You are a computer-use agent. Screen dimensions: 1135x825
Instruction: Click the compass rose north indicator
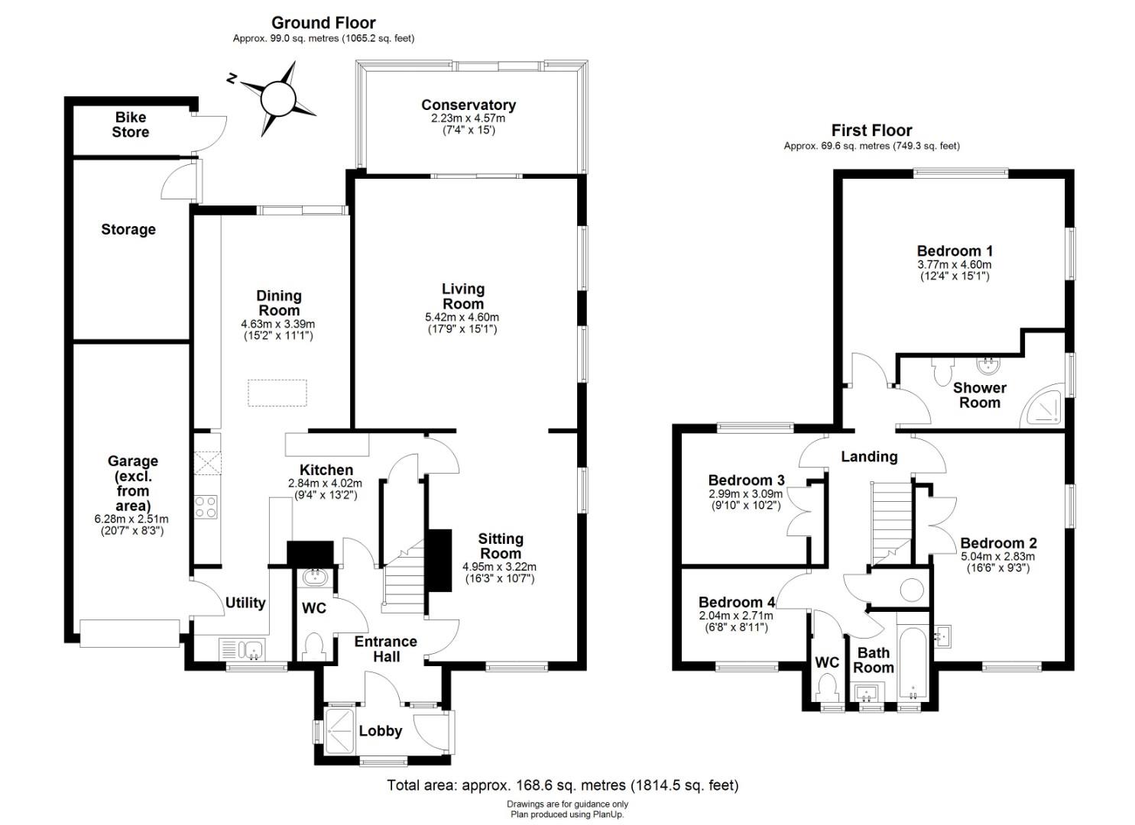pos(232,79)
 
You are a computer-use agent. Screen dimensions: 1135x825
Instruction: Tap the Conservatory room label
pos(469,105)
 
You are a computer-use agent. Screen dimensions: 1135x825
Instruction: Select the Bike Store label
pos(131,125)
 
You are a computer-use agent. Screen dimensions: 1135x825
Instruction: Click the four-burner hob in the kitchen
pos(206,506)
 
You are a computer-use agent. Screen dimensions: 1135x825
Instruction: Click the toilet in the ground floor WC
pos(315,647)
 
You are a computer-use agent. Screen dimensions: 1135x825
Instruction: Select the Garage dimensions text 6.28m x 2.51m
pos(131,519)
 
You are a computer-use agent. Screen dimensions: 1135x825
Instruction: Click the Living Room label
pos(462,296)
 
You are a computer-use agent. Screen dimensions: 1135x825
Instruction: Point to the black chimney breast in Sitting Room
pos(439,560)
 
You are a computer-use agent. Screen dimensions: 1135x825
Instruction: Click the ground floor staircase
pos(403,577)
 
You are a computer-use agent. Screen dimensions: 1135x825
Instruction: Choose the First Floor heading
pos(871,131)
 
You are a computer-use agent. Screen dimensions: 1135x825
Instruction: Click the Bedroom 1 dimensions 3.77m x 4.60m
pos(954,264)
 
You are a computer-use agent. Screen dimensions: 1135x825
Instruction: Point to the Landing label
pos(869,457)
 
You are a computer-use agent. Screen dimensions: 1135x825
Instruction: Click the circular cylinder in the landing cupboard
pos(912,590)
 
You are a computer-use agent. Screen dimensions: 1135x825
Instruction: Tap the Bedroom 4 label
pos(737,602)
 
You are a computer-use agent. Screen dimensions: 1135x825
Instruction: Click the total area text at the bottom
pos(563,785)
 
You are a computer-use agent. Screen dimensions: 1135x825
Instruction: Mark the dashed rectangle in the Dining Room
pos(277,393)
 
